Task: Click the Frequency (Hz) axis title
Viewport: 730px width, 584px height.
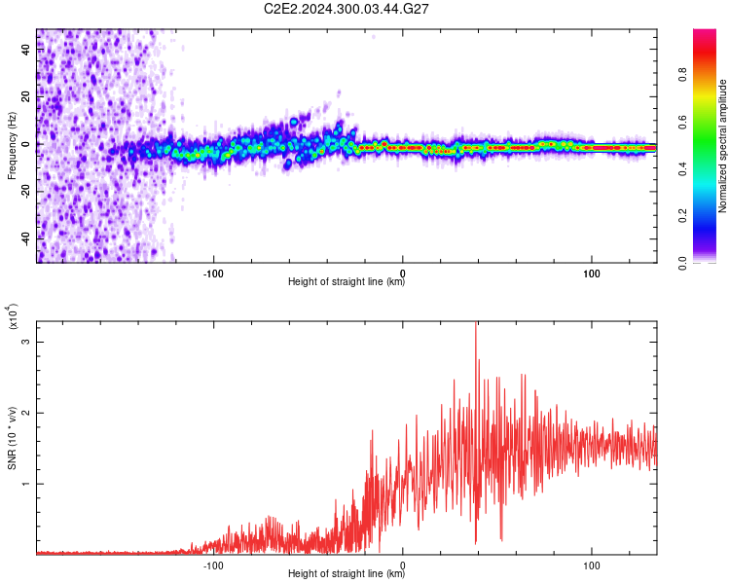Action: click(x=12, y=146)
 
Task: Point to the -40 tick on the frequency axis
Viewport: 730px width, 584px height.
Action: click(x=26, y=237)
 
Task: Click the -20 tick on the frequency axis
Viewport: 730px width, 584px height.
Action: click(x=26, y=191)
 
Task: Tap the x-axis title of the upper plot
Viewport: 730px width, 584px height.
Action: click(x=347, y=282)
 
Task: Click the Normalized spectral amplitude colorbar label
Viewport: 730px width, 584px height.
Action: click(x=723, y=146)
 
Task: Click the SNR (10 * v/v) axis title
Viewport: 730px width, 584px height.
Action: click(x=12, y=438)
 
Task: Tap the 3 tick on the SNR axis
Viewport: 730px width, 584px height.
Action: click(x=26, y=343)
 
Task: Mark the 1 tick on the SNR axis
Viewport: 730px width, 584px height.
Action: click(x=26, y=483)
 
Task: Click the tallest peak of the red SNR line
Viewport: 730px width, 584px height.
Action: click(x=476, y=324)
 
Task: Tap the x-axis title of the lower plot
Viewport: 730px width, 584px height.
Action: click(x=347, y=574)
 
